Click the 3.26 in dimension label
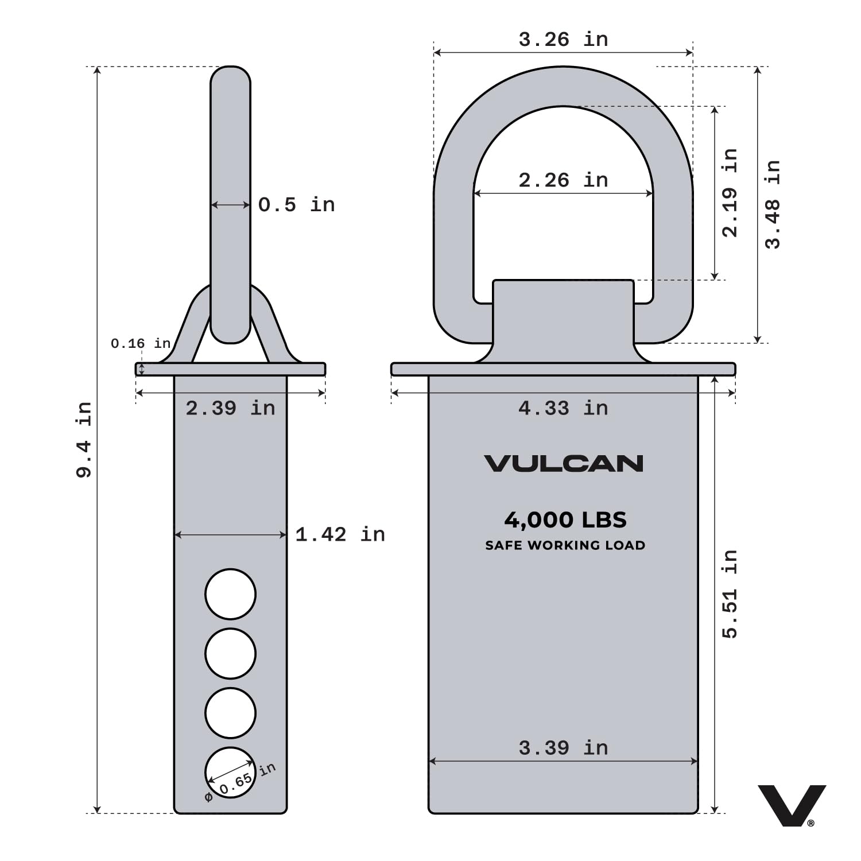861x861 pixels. [563, 40]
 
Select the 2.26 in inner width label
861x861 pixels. [563, 180]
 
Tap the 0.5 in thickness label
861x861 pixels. [296, 205]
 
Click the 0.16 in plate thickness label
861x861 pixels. [141, 343]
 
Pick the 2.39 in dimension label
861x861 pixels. [230, 408]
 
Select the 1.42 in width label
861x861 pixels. [340, 534]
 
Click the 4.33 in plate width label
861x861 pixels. [563, 408]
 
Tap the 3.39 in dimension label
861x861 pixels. [563, 748]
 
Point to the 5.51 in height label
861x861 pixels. [729, 594]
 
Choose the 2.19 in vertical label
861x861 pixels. [729, 192]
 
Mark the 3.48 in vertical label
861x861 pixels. [773, 204]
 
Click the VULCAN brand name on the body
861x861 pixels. [563, 464]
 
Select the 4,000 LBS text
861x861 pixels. [565, 520]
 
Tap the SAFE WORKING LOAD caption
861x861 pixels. [565, 545]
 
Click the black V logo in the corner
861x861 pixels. [791, 805]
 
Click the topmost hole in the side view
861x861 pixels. [230, 594]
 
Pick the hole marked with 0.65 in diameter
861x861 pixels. [230, 773]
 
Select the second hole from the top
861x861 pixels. [230, 653]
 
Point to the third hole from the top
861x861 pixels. [230, 713]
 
